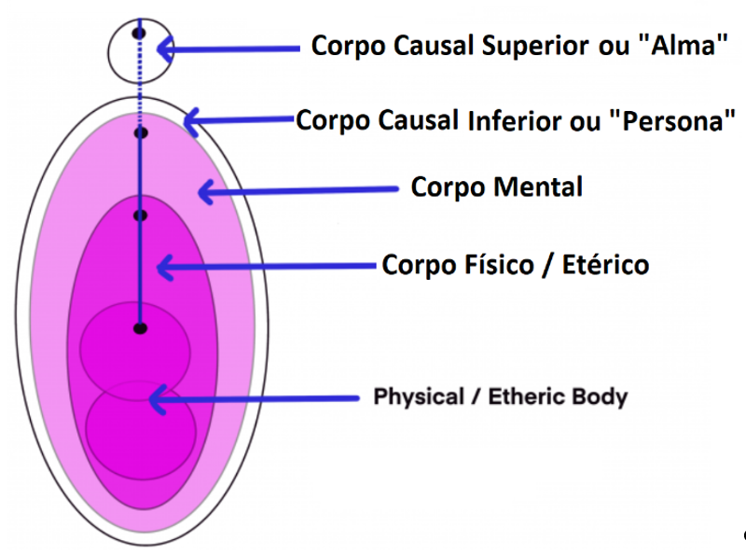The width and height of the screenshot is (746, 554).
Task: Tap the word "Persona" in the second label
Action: (671, 121)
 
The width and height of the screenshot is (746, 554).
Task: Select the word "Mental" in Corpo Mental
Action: (538, 187)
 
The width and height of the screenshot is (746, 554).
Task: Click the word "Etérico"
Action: (605, 264)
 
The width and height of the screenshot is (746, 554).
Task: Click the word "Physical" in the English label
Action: (419, 397)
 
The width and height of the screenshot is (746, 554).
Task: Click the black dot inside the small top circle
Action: (139, 34)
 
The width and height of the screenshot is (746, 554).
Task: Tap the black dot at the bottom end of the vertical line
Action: (140, 328)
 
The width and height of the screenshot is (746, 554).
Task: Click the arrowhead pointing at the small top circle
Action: (165, 48)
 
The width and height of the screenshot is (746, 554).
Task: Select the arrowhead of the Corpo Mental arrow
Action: (205, 192)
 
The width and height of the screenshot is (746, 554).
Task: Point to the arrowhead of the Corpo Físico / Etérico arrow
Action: (165, 267)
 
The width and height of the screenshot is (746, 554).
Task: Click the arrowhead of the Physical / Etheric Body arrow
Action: (158, 399)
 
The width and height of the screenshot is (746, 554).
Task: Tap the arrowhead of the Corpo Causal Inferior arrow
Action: (191, 122)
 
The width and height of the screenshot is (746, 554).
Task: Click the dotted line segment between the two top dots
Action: (140, 83)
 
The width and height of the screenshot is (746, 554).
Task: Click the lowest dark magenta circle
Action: (141, 430)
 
